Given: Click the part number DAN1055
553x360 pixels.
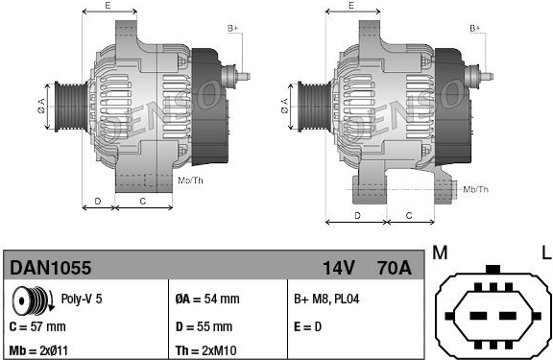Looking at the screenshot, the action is coord(51,268).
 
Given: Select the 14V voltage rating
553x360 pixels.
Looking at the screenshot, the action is coord(339,268).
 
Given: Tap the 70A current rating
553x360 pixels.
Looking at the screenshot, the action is coord(394,268).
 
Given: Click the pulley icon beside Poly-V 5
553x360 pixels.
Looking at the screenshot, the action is coord(33,300).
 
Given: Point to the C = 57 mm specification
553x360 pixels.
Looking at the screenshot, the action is coord(37,326).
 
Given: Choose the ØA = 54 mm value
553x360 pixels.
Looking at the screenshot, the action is coord(207,299).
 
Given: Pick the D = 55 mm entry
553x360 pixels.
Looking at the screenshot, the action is coord(204,326).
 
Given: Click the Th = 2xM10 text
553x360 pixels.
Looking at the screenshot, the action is coord(206,350).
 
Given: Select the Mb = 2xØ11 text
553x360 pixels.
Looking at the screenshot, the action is coord(38,350).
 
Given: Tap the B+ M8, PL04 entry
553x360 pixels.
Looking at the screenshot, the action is coord(326,299).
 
